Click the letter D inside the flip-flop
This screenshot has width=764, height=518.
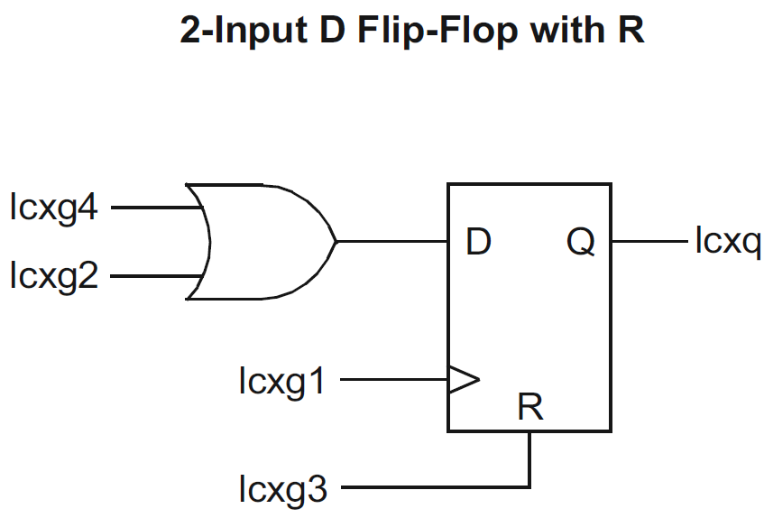point(479,242)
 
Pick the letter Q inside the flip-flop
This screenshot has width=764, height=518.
point(580,242)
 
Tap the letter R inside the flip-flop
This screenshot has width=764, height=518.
point(530,408)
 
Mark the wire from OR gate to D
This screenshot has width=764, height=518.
point(392,242)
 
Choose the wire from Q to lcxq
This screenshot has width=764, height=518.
point(649,242)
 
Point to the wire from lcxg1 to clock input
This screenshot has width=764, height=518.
point(394,381)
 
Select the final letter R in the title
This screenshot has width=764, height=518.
point(631,32)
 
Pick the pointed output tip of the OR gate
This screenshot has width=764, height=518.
point(336,241)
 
